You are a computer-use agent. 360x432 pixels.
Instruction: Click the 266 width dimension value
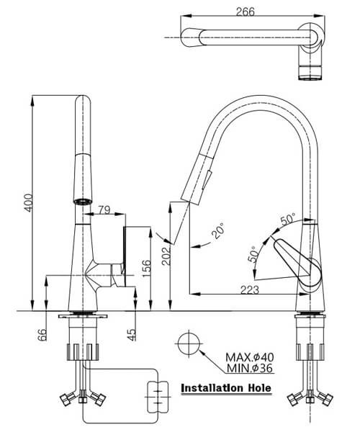[x=245, y=12]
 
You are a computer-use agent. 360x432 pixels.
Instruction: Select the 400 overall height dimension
[x=28, y=202]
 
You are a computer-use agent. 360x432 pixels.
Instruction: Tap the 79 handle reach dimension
[x=104, y=210]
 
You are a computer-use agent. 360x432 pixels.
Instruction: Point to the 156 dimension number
[x=146, y=266]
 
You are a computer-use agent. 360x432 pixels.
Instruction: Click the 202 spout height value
[x=166, y=256]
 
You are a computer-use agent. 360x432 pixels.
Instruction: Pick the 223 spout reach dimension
[x=250, y=289]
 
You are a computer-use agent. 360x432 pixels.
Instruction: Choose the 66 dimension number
[x=42, y=335]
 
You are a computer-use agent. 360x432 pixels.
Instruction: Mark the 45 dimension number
[x=132, y=335]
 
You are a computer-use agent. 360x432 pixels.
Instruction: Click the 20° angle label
[x=218, y=231]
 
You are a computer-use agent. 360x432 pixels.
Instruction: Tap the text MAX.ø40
[x=250, y=357]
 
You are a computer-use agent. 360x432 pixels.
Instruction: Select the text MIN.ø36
[x=250, y=368]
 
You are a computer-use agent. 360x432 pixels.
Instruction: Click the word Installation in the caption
[x=212, y=388]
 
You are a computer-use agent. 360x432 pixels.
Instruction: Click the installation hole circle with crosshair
[x=189, y=343]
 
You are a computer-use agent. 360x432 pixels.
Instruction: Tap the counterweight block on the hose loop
[x=158, y=397]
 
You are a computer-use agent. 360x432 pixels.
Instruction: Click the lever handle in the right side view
[x=294, y=259]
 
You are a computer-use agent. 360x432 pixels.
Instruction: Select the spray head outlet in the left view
[x=83, y=202]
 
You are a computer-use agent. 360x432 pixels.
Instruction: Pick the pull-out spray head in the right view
[x=198, y=179]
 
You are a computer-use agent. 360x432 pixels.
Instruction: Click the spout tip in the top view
[x=192, y=37]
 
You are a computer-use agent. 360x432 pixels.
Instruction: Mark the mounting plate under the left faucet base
[x=82, y=316]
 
